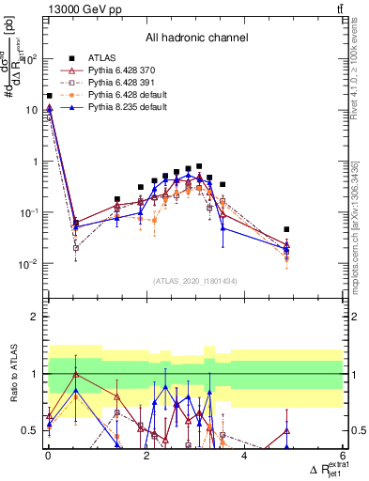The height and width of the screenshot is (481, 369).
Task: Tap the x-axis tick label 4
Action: click(244, 457)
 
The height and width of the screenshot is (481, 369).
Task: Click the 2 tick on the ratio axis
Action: click(36, 317)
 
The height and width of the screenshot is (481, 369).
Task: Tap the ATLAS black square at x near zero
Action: click(49, 96)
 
